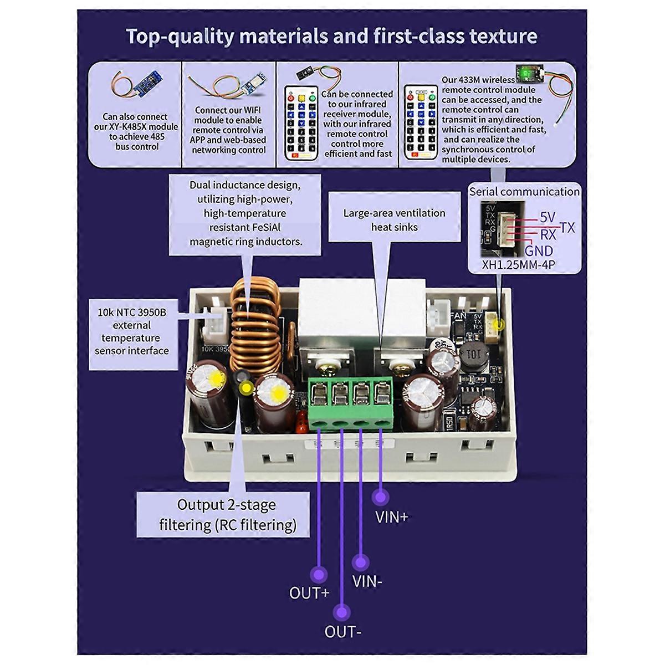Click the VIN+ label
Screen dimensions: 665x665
(392, 517)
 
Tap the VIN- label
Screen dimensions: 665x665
(367, 582)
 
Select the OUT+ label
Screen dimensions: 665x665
(309, 593)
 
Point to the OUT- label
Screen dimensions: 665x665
(343, 631)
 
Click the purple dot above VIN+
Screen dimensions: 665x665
(380, 497)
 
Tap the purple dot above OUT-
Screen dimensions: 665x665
(342, 612)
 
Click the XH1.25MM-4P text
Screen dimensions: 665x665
(518, 265)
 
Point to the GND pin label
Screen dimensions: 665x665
(539, 250)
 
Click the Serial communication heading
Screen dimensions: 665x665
(524, 192)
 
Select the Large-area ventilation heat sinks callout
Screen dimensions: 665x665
(394, 220)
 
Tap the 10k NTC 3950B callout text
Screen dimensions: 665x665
(132, 331)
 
